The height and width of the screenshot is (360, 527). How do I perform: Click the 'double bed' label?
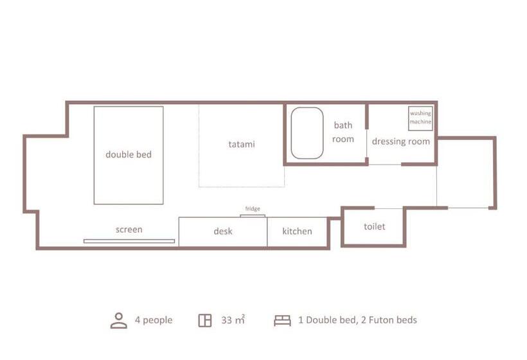[x=129, y=155]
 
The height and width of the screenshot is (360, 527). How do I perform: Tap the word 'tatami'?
[x=242, y=144]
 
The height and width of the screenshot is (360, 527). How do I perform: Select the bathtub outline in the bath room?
[x=291, y=133]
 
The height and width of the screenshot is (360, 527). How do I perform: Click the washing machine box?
[x=420, y=118]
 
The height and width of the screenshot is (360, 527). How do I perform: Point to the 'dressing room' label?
[x=401, y=141]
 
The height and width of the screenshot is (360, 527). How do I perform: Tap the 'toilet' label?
[x=375, y=226]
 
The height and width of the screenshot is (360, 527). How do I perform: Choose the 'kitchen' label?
[x=297, y=231]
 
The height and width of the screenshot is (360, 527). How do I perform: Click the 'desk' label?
[x=223, y=231]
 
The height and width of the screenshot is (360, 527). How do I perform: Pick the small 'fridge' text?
[x=253, y=209]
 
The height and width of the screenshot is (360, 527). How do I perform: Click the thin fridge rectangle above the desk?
[x=253, y=216]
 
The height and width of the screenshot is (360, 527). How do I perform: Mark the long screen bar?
[x=129, y=241]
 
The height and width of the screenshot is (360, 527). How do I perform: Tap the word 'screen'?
[x=129, y=230]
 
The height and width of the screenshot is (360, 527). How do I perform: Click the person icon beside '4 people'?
[x=119, y=320]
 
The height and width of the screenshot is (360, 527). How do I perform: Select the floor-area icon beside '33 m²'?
[x=204, y=320]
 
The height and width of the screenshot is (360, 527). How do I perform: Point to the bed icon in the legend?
[x=282, y=320]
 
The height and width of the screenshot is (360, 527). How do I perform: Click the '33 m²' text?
[x=233, y=319]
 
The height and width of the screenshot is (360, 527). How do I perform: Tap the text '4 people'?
[x=154, y=320]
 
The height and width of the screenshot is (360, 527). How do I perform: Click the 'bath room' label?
[x=343, y=132]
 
